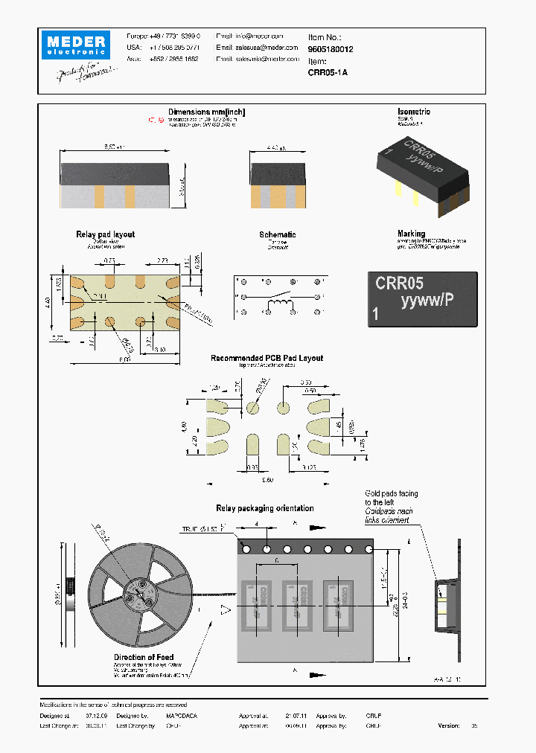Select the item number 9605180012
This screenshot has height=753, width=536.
tap(331, 48)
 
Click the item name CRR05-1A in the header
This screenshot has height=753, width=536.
tap(328, 72)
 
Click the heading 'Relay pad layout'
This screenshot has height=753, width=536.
tap(105, 234)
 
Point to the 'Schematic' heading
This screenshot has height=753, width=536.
tap(277, 234)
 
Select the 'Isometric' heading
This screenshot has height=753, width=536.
tap(413, 112)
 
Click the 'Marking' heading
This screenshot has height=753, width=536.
tap(411, 234)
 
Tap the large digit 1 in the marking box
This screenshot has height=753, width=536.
tap(376, 315)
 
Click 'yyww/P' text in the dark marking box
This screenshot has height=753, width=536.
tap(427, 301)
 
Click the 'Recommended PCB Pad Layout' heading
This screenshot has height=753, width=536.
tap(267, 358)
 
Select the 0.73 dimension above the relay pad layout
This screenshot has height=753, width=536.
tap(109, 261)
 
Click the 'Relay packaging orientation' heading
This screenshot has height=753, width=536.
tap(264, 508)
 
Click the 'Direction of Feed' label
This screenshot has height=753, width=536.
tap(144, 657)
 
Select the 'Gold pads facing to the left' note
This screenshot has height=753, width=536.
tap(391, 498)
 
